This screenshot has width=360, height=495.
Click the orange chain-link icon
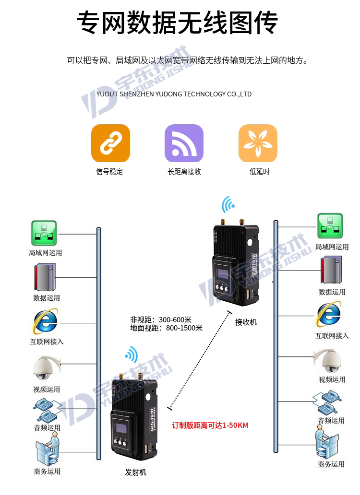pos(110,143)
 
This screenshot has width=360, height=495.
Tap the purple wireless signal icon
pos(184,143)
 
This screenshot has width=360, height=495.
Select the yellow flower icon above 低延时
pos(258,143)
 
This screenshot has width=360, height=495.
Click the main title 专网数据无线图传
pos(178,23)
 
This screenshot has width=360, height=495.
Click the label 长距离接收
pos(184,172)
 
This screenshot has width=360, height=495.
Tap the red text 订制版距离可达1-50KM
pos(210,425)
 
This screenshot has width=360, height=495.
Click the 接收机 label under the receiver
pos(246,322)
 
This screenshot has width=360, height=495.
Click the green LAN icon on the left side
pos(44,233)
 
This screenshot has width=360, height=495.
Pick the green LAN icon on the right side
pos(330,226)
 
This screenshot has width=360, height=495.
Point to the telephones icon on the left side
pos(47,409)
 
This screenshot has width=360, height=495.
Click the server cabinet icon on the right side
pos(331,270)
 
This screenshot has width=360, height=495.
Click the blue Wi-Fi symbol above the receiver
pos(228,205)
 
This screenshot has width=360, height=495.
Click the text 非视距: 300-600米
pos(161,319)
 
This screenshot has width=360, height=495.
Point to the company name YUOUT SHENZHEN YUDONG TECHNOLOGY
pos(174,94)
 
